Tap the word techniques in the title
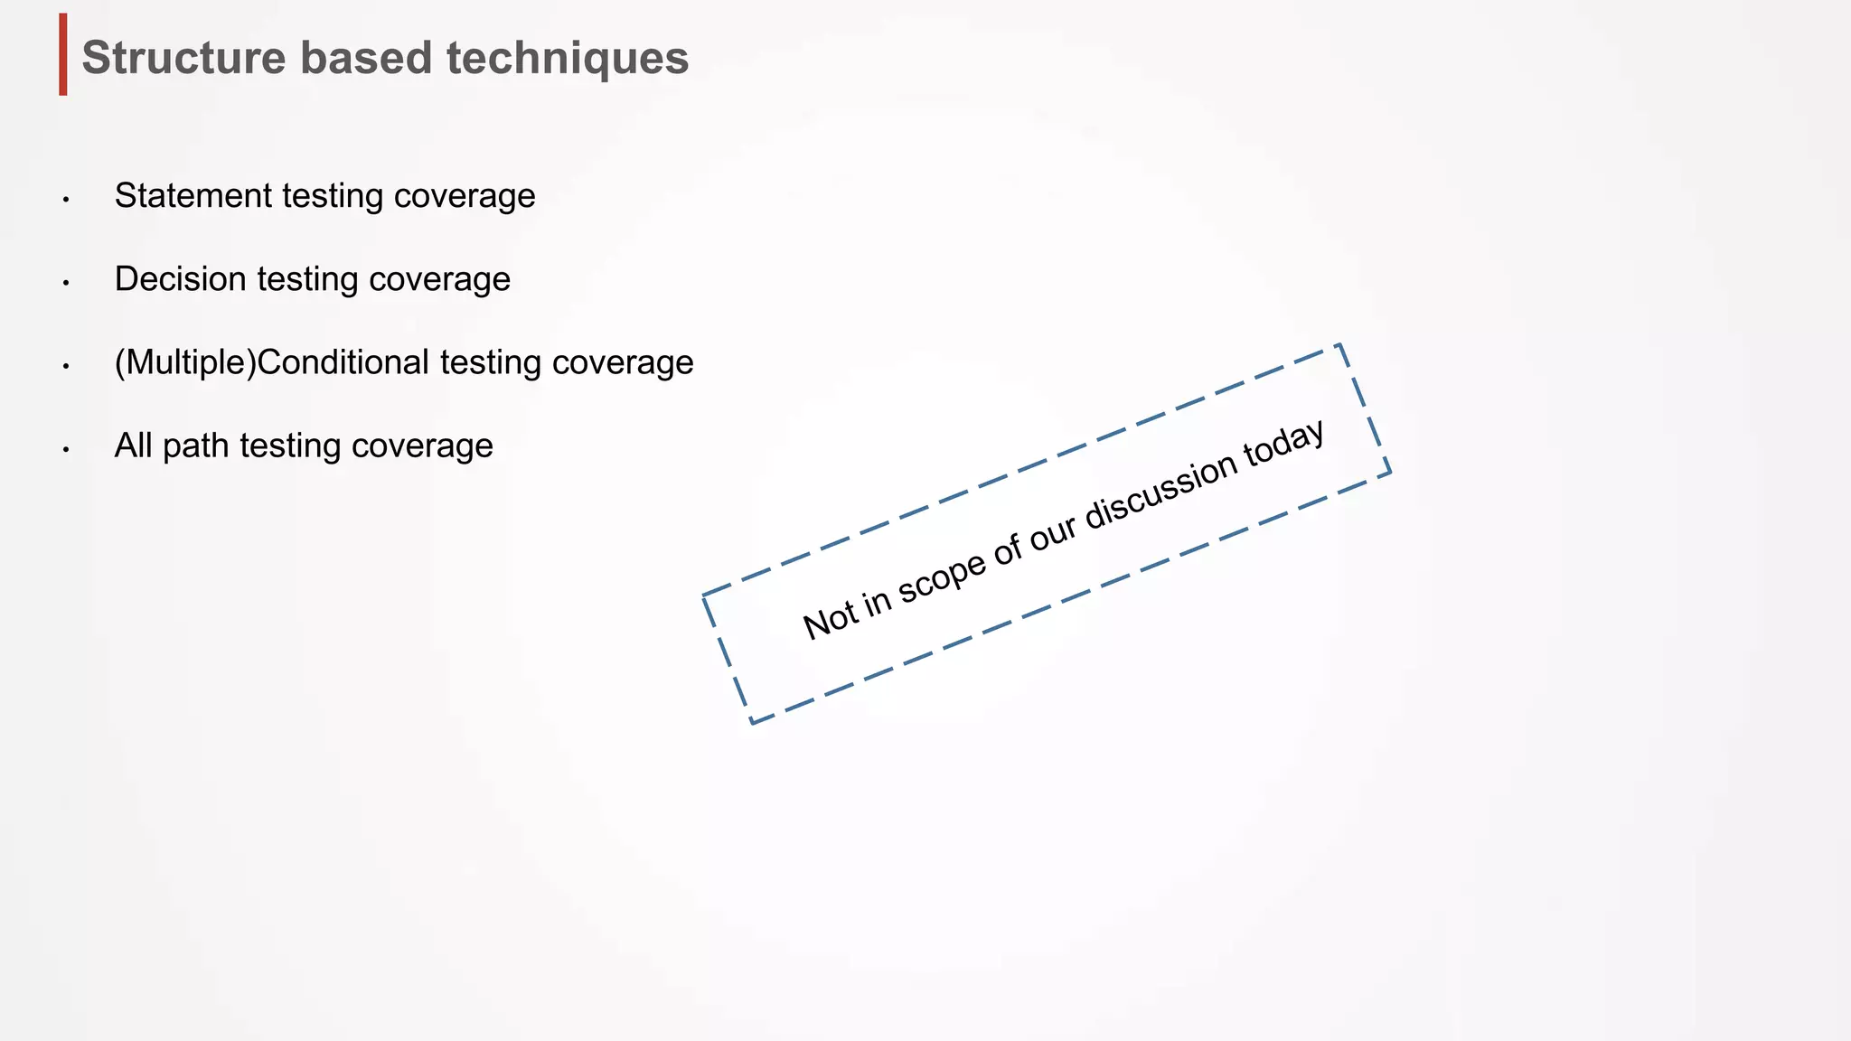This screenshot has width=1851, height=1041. tap(567, 58)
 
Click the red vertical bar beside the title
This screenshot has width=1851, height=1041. tap(63, 54)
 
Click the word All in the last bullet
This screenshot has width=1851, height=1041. tap(133, 445)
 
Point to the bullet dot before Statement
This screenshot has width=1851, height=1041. tap(66, 200)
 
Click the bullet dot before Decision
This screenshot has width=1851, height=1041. tap(66, 283)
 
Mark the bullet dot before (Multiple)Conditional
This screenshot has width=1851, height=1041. tap(66, 366)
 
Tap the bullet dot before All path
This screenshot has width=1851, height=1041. tap(66, 449)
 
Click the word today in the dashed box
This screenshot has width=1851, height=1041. tap(1284, 440)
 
